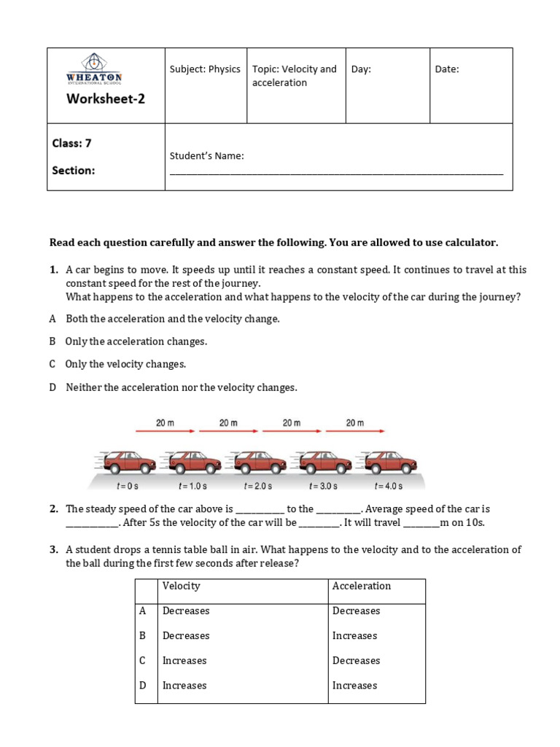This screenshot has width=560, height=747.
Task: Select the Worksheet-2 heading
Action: click(x=106, y=99)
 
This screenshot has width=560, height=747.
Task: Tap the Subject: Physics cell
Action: click(x=205, y=69)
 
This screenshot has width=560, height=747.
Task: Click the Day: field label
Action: click(x=361, y=69)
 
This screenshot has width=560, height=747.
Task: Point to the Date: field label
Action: click(x=447, y=69)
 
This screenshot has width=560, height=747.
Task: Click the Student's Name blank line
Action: click(x=336, y=173)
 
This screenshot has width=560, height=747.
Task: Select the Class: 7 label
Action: click(x=71, y=144)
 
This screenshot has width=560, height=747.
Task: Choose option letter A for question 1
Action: click(x=52, y=319)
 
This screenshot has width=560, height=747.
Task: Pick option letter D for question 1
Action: click(x=52, y=387)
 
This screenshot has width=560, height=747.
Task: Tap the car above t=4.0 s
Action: click(x=391, y=461)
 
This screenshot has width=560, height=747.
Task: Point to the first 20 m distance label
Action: click(x=165, y=422)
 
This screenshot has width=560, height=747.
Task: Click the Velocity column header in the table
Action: click(x=182, y=586)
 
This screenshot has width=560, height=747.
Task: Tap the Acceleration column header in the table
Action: click(x=362, y=586)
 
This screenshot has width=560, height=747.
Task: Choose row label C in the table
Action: click(x=143, y=660)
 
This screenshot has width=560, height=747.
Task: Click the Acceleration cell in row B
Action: click(x=355, y=635)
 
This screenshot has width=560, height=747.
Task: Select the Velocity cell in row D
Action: click(x=184, y=685)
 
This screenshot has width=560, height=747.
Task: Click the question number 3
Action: click(x=53, y=549)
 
